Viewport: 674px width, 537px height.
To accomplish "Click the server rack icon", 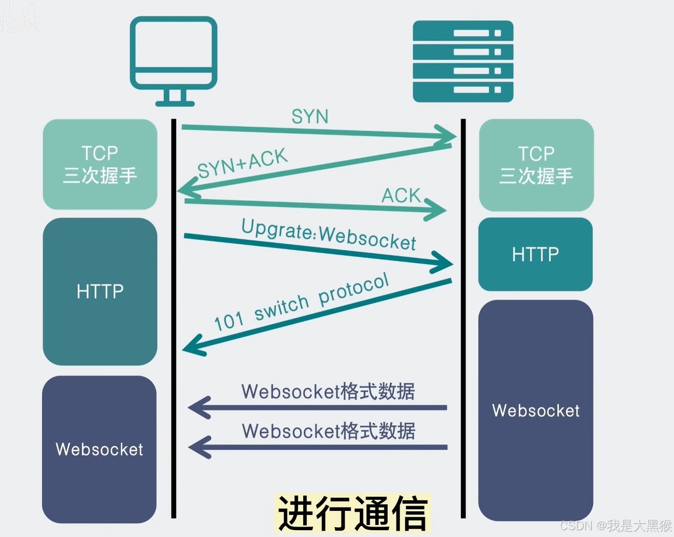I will click(x=463, y=61).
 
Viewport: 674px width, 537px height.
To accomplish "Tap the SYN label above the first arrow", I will click(x=310, y=116).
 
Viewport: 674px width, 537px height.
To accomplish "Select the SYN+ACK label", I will click(x=242, y=163).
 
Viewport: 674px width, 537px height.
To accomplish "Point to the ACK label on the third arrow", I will click(x=401, y=196).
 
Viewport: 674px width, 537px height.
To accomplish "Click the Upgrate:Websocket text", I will click(x=328, y=234).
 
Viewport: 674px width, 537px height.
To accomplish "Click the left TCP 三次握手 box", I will click(x=100, y=164).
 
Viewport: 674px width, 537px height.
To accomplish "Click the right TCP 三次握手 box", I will click(x=536, y=165).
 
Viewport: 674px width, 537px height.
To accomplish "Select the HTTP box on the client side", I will click(x=100, y=292).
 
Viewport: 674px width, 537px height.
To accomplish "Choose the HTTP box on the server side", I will click(x=535, y=254).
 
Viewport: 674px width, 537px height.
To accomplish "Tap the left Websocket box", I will click(x=99, y=449).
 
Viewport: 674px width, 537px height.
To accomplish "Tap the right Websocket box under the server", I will click(x=536, y=410).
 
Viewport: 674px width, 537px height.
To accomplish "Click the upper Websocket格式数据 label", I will click(x=328, y=391).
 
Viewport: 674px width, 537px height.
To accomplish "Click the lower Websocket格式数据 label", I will click(x=328, y=431).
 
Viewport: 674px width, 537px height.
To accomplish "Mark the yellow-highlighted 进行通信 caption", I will click(x=352, y=513).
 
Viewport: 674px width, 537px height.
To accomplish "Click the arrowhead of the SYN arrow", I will click(x=448, y=136).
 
